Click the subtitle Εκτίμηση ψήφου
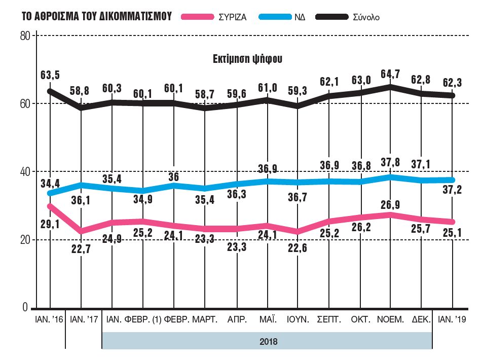click(x=247, y=58)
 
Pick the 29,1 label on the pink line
click(x=50, y=224)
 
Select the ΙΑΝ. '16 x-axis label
click(x=49, y=320)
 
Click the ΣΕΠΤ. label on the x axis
click(x=329, y=320)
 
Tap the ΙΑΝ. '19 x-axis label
click(x=452, y=320)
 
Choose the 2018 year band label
click(x=268, y=341)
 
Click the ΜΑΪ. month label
click(x=267, y=320)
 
